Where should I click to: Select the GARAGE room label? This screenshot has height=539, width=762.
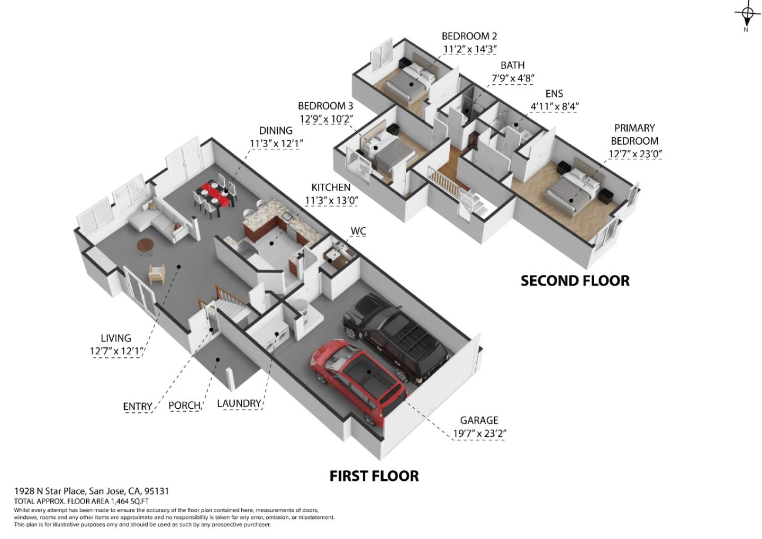(479, 420)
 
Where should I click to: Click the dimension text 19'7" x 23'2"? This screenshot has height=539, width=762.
(479, 434)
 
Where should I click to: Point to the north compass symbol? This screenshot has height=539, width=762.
(747, 15)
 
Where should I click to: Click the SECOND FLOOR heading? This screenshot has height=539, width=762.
(575, 281)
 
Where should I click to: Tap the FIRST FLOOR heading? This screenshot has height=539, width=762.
(374, 476)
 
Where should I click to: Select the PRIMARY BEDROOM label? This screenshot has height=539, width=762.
(634, 134)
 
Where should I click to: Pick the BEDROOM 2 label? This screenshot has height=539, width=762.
(469, 36)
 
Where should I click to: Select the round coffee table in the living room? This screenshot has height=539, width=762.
(146, 245)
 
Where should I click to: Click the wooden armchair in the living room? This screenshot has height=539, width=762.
(157, 274)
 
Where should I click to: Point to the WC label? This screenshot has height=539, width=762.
(358, 231)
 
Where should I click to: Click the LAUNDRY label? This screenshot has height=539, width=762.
(239, 403)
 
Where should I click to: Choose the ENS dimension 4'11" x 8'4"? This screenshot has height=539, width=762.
(555, 106)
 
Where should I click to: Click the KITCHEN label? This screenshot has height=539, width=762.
(331, 187)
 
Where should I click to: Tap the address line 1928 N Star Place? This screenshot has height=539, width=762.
(92, 491)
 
